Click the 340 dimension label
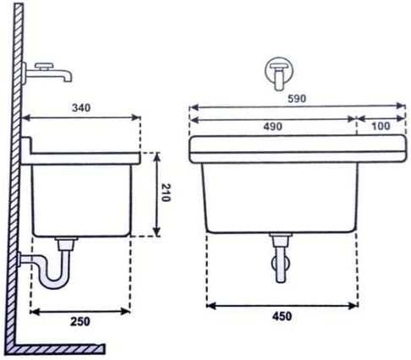click(81, 107)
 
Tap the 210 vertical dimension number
click(166, 193)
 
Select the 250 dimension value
click(80, 321)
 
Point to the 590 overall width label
click(297, 99)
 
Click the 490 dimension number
click(272, 127)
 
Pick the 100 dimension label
click(381, 126)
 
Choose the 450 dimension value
click(282, 316)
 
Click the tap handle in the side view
click(44, 67)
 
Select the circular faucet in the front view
click(279, 71)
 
